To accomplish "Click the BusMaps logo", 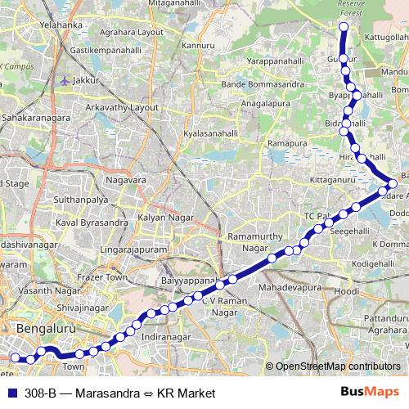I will tap(370, 393).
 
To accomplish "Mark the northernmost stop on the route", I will tap(344, 27).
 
